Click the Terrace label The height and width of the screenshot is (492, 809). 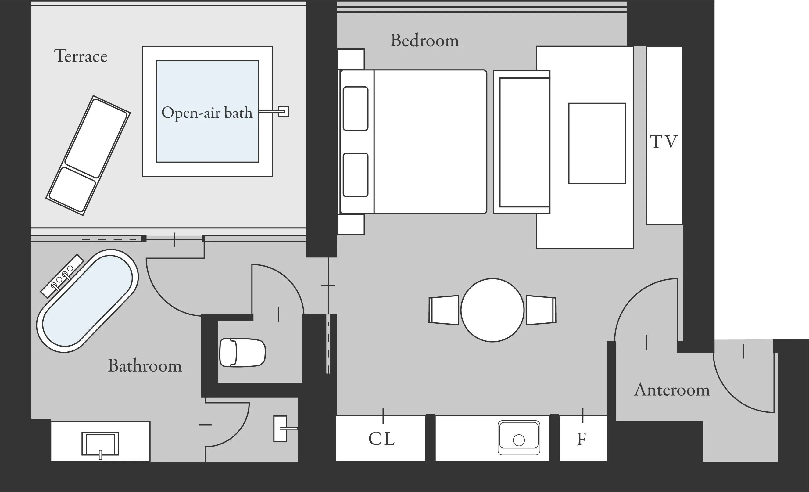point(81,56)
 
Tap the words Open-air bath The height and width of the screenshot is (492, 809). point(207,113)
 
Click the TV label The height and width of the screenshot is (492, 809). point(664,142)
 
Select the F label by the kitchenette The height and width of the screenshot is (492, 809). point(582,439)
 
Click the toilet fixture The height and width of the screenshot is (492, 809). point(243,352)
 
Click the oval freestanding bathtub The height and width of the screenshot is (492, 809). point(87,301)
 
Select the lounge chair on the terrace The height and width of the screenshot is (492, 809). point(88,155)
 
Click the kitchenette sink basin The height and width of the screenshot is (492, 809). point(519,438)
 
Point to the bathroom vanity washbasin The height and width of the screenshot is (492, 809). point(100,444)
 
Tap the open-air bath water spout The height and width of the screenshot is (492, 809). point(274,111)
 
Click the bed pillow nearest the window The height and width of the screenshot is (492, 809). point(356,108)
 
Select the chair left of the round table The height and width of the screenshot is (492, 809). point(444,310)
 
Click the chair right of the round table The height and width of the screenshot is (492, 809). point(541,310)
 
